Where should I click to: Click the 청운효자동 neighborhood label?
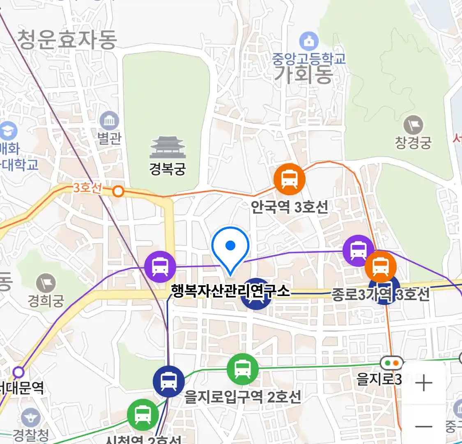coord(67,39)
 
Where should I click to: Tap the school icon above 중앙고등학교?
coord(308,41)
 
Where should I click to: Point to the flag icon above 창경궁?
coord(413,125)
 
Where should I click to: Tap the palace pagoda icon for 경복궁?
coord(168,147)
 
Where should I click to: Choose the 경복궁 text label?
coord(168,169)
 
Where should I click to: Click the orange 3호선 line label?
coord(87,188)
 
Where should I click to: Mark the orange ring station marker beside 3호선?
coord(118,191)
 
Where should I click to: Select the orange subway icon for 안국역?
coord(290,179)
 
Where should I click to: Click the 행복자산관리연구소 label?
coord(230,291)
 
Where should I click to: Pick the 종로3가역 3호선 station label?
coord(380,294)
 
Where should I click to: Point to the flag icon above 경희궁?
coord(46,283)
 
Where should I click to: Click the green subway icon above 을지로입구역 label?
coord(243,369)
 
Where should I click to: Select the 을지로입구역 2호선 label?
coord(242,397)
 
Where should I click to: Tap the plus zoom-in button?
coord(423,383)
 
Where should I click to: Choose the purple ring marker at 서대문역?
coord(18,372)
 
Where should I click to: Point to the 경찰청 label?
coord(30,435)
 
